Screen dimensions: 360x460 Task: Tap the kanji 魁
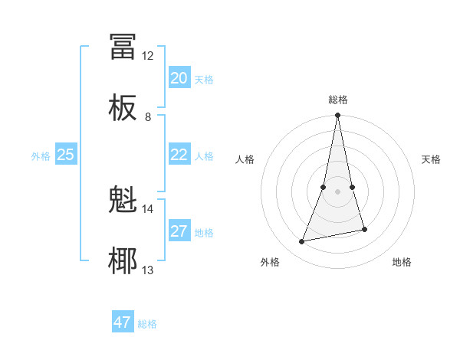click(x=123, y=200)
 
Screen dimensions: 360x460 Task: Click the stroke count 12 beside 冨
click(x=148, y=56)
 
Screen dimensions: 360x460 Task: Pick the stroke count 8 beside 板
click(x=148, y=117)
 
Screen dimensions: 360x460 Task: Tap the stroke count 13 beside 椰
click(x=148, y=270)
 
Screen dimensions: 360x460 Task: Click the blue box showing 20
click(x=179, y=78)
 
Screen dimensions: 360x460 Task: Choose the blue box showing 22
click(x=179, y=155)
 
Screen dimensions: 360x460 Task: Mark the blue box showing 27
click(x=179, y=231)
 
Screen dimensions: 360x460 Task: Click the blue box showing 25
click(x=65, y=155)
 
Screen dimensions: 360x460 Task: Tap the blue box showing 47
click(x=123, y=322)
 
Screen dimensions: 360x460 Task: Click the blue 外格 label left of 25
click(x=41, y=156)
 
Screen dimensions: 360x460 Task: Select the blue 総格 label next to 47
click(x=147, y=324)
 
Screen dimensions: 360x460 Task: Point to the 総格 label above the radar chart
click(x=338, y=100)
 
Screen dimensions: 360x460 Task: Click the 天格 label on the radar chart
click(x=432, y=159)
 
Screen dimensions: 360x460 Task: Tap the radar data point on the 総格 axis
click(x=337, y=116)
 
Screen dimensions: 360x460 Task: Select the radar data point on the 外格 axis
click(x=302, y=242)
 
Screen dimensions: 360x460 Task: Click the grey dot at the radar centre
click(x=337, y=191)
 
